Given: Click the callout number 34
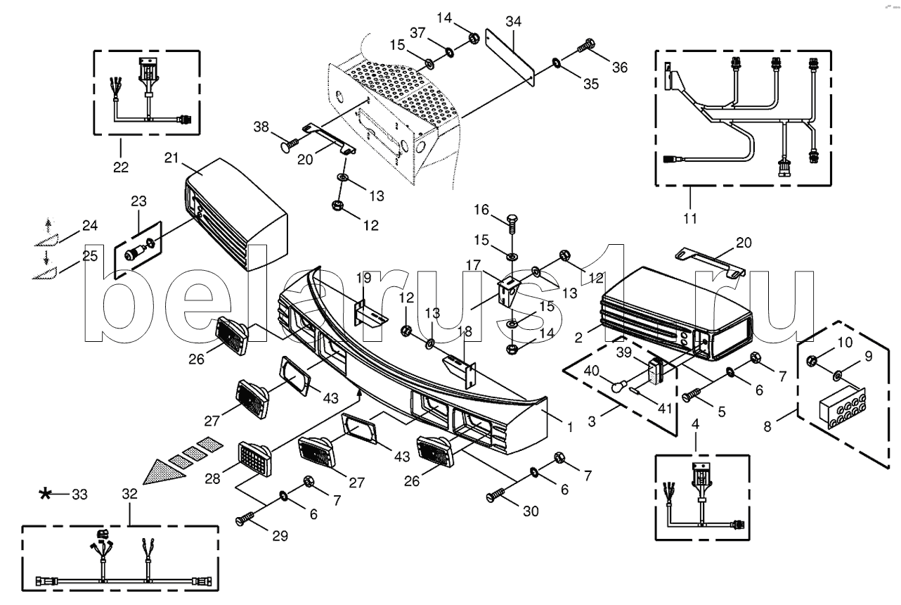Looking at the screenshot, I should coord(513,22).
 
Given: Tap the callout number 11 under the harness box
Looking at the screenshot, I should coord(689,218).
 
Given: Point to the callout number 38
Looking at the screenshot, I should coord(261,127).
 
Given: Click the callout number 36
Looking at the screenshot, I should coord(618,68).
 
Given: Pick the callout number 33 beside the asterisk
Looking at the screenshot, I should coord(79,495).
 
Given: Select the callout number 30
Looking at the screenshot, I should coord(531,511).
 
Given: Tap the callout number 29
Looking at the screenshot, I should coord(281,536).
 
